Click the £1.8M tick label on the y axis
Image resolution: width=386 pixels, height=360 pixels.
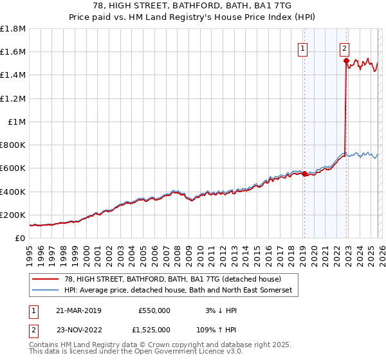[13, 29]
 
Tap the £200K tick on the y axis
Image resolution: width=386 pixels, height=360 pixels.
[13, 215]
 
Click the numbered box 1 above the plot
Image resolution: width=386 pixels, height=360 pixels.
[302, 47]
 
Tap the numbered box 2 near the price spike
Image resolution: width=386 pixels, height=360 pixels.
[345, 47]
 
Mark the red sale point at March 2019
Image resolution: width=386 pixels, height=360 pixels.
[304, 174]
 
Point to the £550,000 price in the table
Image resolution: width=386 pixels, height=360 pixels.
[154, 310]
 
